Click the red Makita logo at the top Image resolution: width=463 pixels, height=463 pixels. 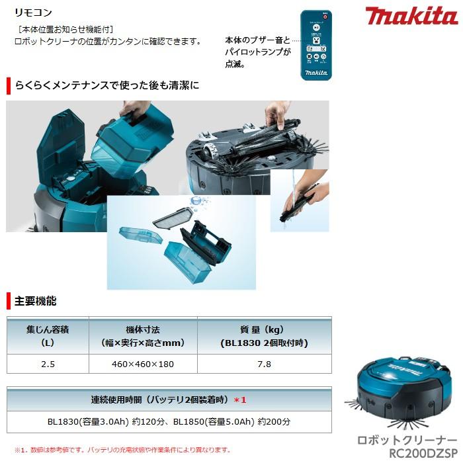(x=411, y=16)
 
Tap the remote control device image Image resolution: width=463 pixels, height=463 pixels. (x=316, y=45)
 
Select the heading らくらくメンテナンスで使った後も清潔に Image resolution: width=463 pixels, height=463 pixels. (x=106, y=85)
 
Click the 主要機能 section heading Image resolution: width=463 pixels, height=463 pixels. (x=36, y=301)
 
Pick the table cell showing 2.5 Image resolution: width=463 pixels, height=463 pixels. (x=48, y=364)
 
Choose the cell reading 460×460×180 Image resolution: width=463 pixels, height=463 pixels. (x=142, y=364)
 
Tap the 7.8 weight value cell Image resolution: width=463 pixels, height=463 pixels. (x=265, y=364)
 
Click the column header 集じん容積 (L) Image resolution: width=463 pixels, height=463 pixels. (x=48, y=336)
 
